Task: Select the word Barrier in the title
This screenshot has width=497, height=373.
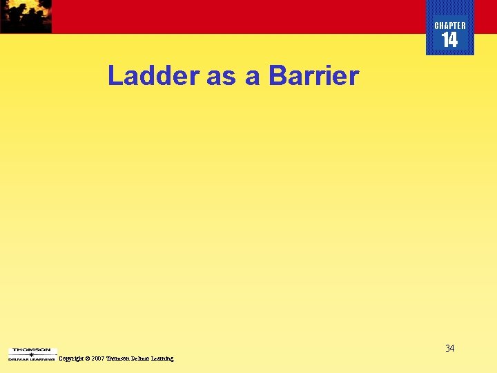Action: click(x=313, y=76)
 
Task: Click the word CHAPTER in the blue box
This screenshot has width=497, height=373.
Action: click(x=450, y=26)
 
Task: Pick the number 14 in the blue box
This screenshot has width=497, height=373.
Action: click(x=449, y=41)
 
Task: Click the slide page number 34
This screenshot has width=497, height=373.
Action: click(x=449, y=348)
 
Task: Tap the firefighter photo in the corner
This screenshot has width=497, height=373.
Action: click(x=26, y=16)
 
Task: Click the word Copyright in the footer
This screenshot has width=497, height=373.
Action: click(x=72, y=358)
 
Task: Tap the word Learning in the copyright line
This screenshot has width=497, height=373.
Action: click(x=163, y=358)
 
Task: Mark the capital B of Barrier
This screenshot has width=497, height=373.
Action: click(x=277, y=76)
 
